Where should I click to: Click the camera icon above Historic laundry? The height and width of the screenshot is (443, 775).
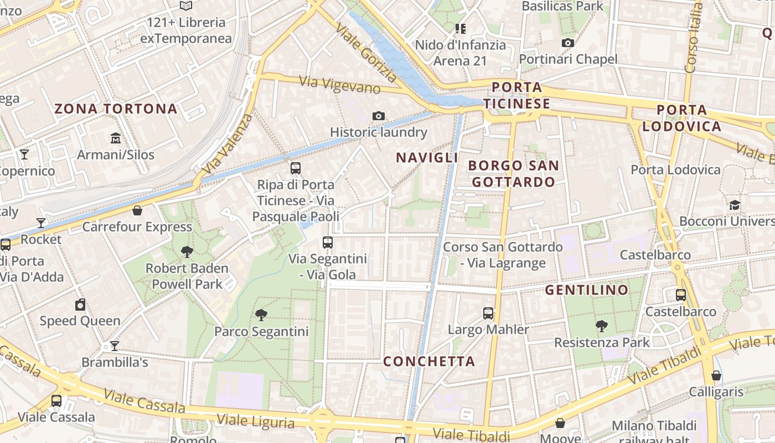point(379,116)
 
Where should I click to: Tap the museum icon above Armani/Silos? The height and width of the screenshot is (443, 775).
point(115,138)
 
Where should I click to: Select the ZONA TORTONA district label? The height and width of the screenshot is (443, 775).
point(116,109)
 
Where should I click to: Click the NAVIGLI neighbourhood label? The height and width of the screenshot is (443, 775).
point(427,158)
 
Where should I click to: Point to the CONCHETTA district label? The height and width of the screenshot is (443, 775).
point(430,362)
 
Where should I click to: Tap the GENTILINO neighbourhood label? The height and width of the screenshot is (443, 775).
point(587,290)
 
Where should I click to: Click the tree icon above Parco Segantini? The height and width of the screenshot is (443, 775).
point(261,315)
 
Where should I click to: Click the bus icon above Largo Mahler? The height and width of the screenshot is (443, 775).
point(488,313)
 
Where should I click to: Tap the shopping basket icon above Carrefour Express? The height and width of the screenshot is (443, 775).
point(137,210)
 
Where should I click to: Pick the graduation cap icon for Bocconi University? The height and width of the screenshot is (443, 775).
point(734,205)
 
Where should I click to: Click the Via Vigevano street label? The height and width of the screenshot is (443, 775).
point(340,85)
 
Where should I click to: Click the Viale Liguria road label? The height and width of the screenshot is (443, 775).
point(255,421)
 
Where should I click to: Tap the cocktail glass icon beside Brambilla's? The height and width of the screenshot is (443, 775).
point(115,346)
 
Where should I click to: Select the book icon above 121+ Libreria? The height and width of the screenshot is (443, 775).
point(186,6)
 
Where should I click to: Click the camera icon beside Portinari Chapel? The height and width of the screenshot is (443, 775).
point(567,43)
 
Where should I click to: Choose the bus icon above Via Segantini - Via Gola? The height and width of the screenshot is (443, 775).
point(328,242)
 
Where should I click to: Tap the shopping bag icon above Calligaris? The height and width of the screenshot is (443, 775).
point(716,375)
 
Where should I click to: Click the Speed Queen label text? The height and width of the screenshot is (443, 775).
point(80,321)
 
